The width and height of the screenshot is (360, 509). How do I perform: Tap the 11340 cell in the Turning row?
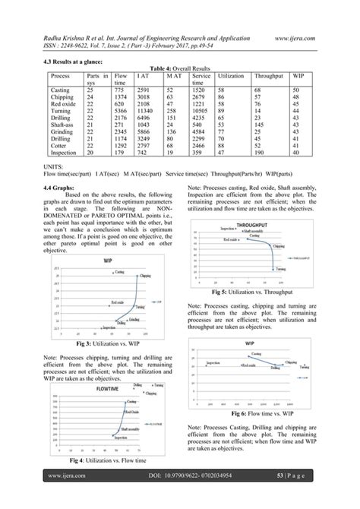[147, 109]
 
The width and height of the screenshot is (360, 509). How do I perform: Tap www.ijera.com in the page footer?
[65, 498]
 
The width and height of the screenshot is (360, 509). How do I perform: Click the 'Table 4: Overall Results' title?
[180, 68]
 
